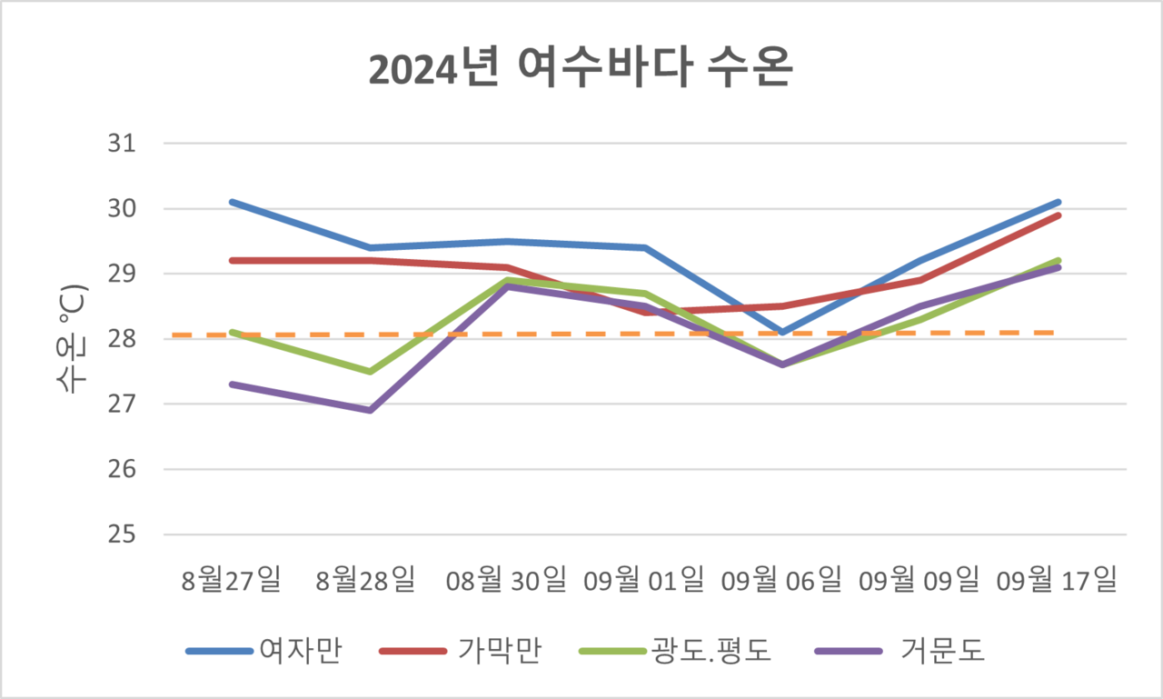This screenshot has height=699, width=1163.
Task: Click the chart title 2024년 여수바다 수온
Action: click(x=581, y=70)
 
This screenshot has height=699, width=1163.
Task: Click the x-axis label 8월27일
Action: click(x=232, y=579)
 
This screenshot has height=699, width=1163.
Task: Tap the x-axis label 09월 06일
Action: click(x=781, y=579)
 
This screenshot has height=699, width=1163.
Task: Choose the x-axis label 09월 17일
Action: click(x=1057, y=579)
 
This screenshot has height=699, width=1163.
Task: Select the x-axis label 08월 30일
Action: click(x=507, y=579)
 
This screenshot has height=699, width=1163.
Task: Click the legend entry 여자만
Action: click(x=300, y=651)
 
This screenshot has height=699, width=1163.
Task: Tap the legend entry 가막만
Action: click(x=500, y=651)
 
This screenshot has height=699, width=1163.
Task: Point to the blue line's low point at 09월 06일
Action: click(x=782, y=333)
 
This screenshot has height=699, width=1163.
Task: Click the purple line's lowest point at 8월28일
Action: click(x=370, y=411)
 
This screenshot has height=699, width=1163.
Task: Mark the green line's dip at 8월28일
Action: click(x=370, y=372)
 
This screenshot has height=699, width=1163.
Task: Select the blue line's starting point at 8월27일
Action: click(x=232, y=202)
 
